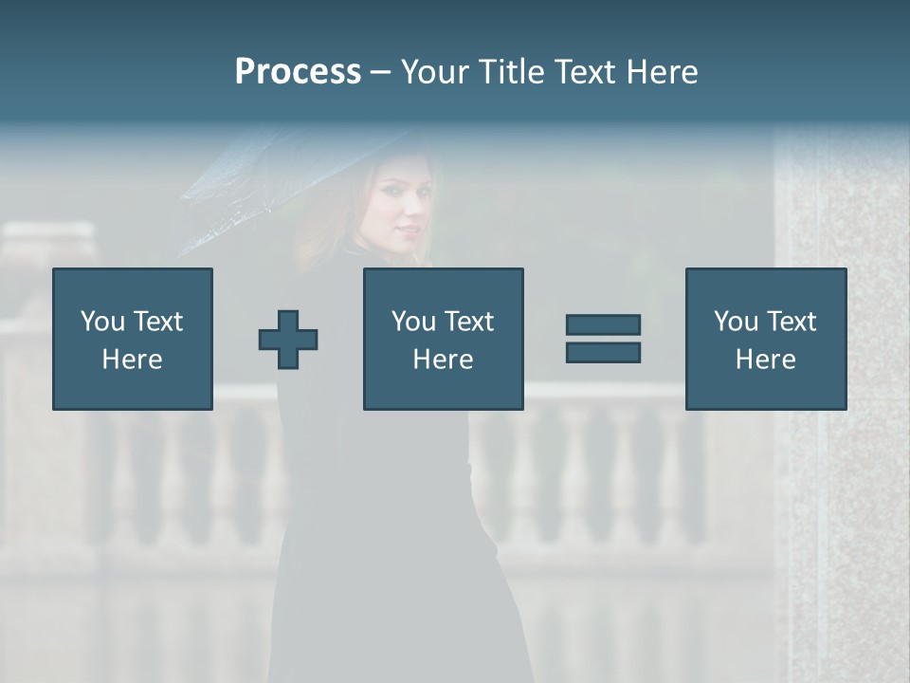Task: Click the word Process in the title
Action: click(298, 72)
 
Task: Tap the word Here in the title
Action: click(661, 72)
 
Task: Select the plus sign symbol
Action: click(288, 340)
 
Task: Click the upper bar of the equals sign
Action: click(603, 324)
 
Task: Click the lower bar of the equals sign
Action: click(603, 352)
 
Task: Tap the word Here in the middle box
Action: click(443, 360)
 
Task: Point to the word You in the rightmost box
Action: click(736, 322)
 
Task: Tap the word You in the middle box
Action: click(413, 322)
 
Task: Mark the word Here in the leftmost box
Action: click(132, 360)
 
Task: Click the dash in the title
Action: click(380, 72)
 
